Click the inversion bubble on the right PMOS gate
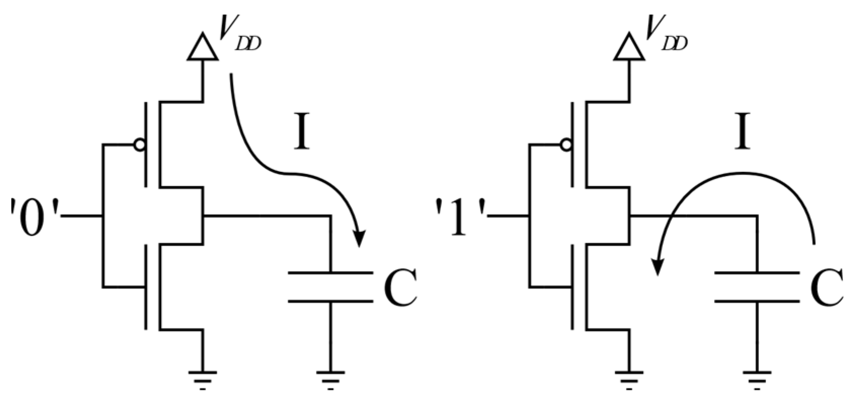coord(565,145)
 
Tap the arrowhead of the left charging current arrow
coord(359,239)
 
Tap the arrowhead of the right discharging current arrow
coord(658,267)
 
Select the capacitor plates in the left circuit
coord(330,287)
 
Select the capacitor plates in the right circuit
coord(757,287)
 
